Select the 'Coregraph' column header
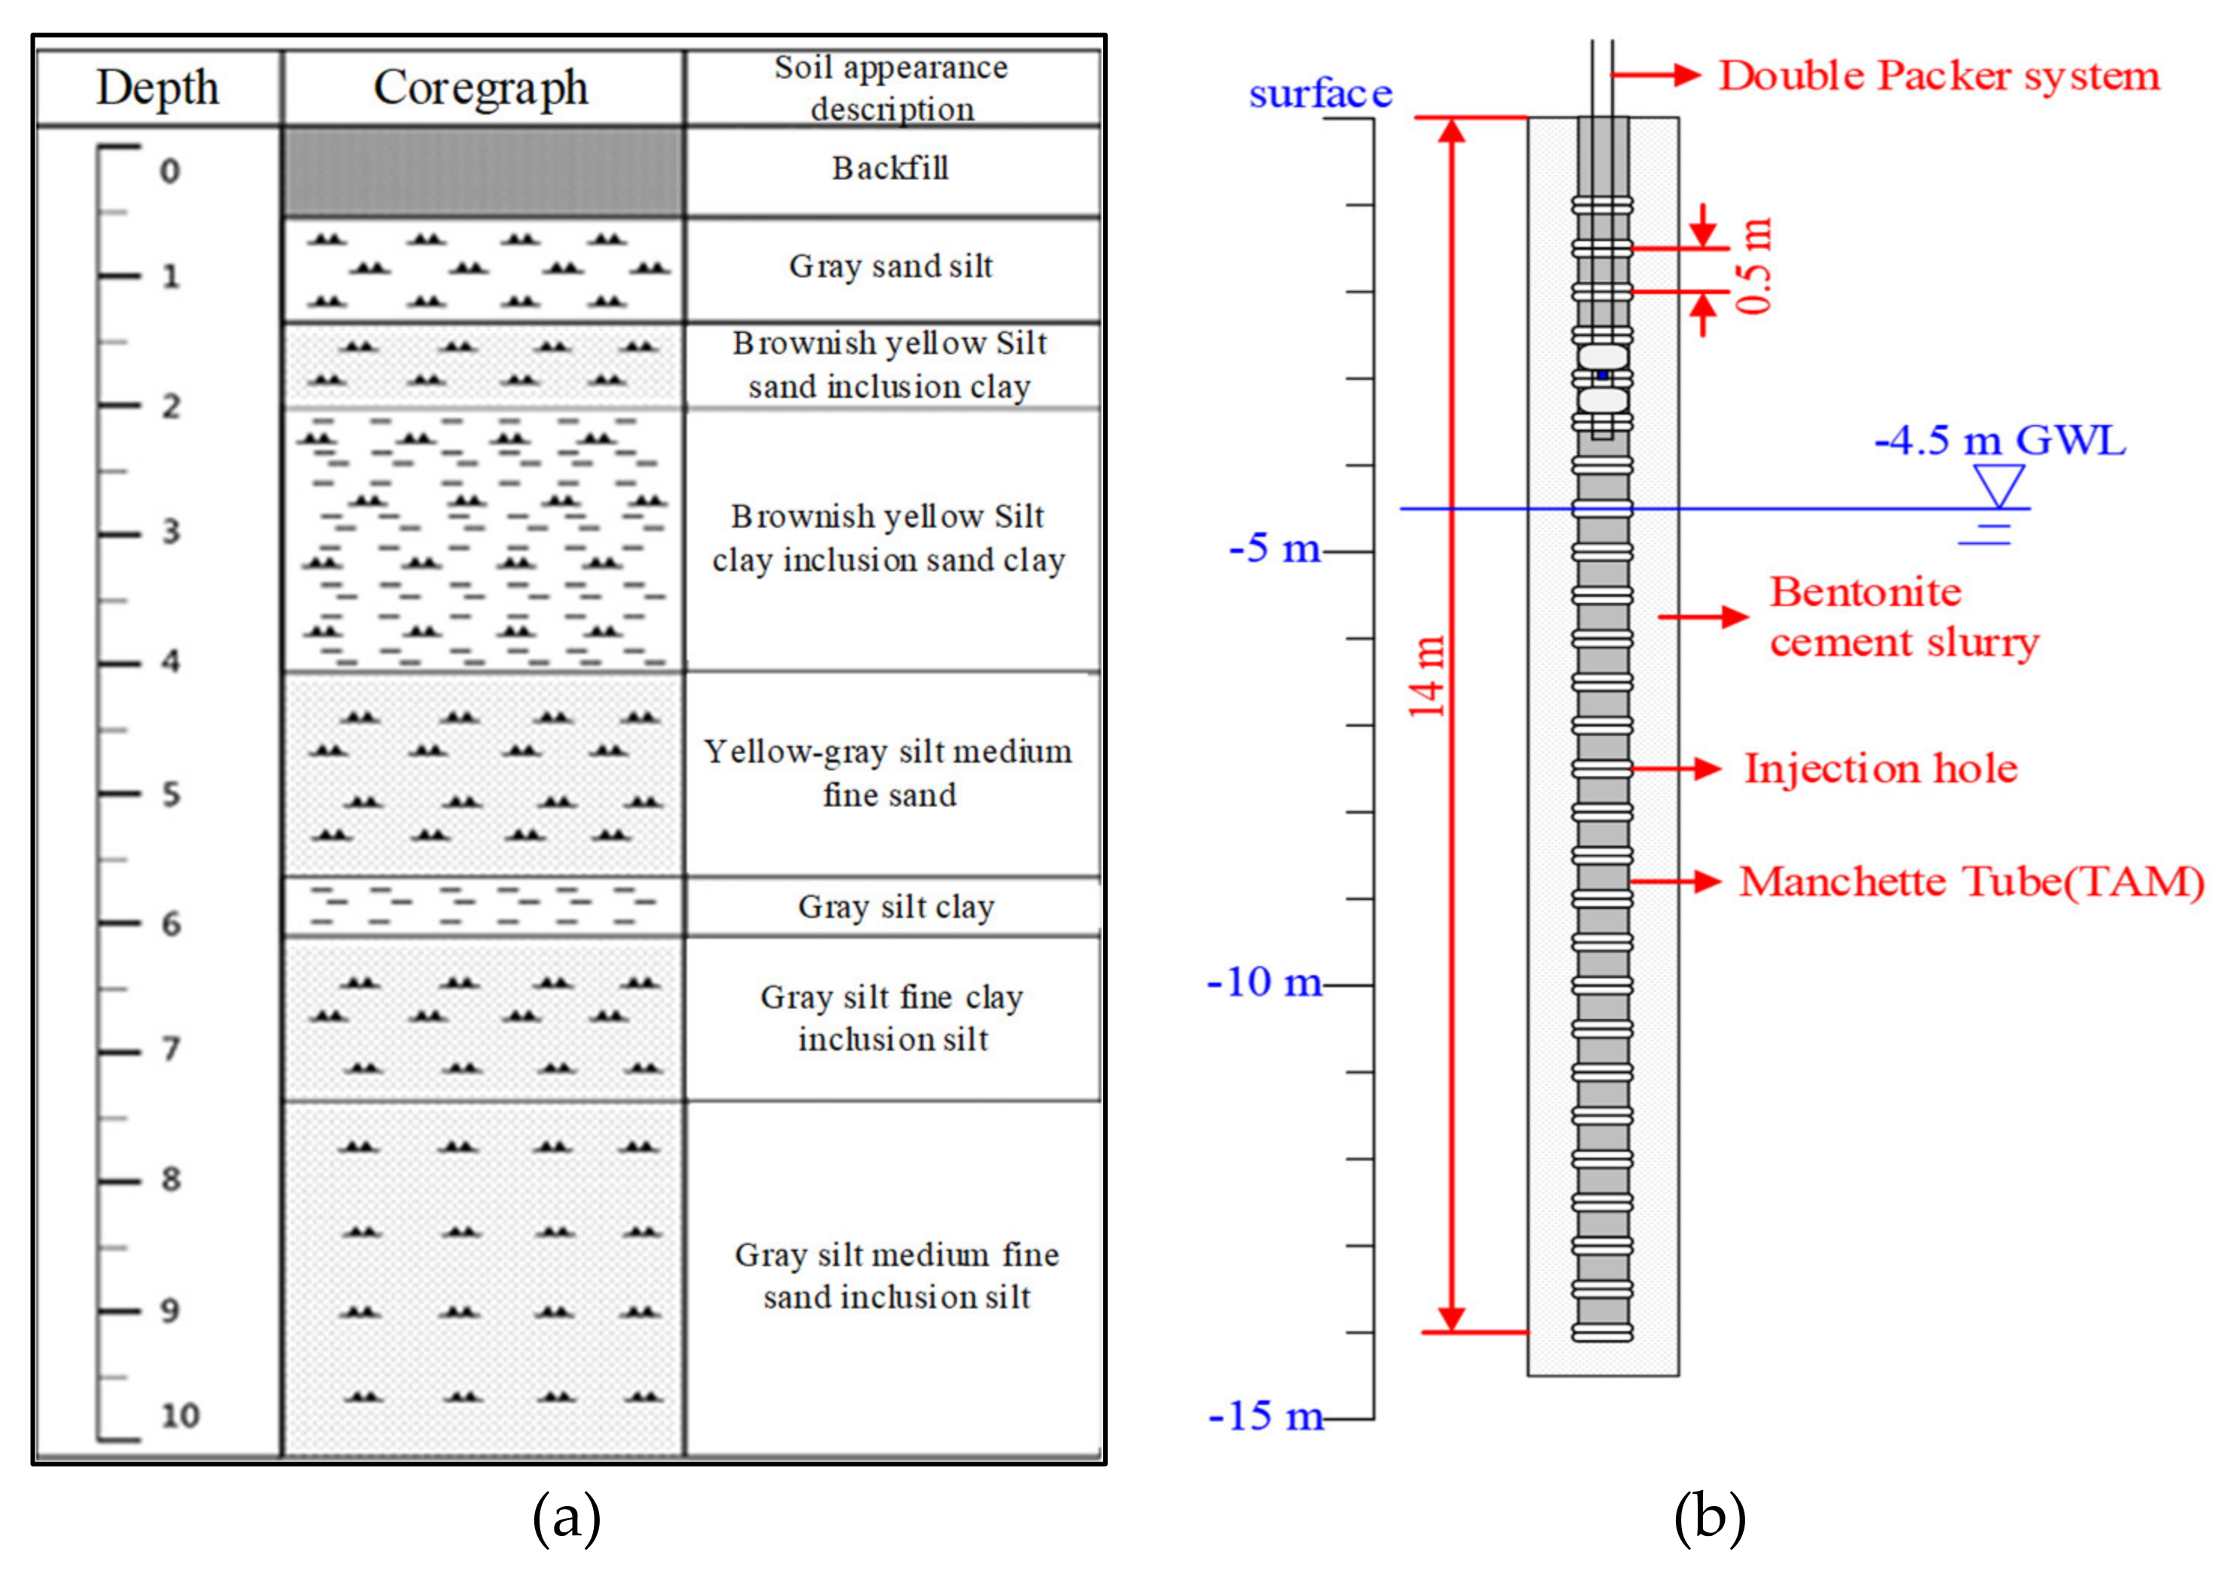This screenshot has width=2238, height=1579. pos(482,87)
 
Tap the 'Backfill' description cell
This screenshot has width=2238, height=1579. pos(890,169)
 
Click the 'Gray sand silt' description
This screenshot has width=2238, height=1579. pos(891,266)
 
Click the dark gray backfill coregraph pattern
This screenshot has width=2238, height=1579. pos(482,170)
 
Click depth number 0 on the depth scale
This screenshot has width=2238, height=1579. pos(170,172)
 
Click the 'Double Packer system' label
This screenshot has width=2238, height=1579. pos(1939,76)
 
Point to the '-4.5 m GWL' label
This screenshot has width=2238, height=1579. pos(1999,441)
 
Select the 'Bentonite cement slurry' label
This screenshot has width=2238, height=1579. pos(1903,617)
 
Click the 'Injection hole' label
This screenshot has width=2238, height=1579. pos(1880,769)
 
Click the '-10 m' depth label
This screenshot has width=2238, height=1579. pos(1264,983)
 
